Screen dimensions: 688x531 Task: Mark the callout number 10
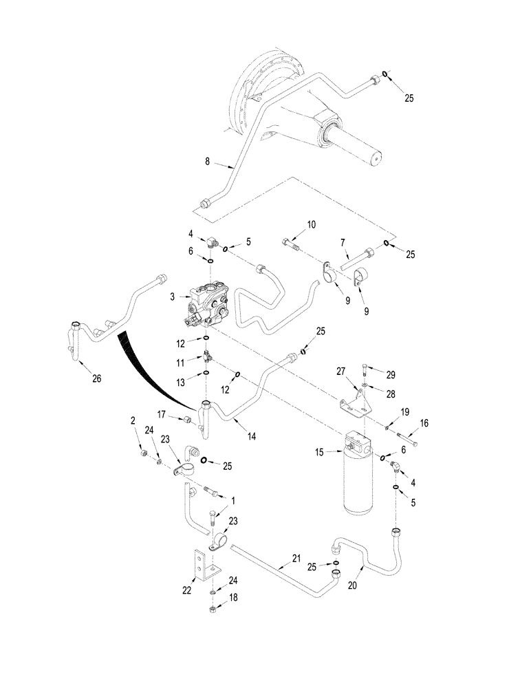coord(312,224)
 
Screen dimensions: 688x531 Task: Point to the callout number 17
coord(162,414)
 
